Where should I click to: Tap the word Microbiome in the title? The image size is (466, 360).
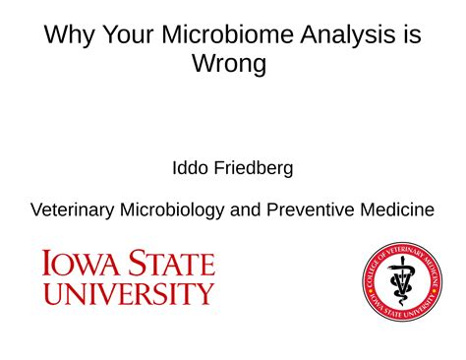tap(223, 36)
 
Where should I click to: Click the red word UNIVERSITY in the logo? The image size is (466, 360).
tap(128, 292)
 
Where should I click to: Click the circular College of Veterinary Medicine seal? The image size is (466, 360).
tap(401, 280)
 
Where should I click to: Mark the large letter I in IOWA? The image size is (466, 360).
tap(46, 265)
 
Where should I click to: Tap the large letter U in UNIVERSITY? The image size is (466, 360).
tap(51, 292)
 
